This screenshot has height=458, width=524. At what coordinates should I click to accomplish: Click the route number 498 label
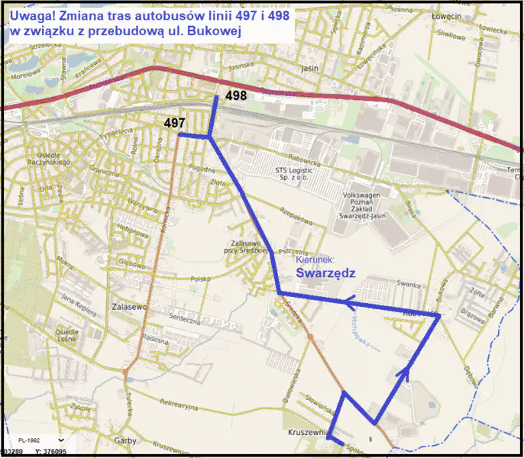(x=236, y=95)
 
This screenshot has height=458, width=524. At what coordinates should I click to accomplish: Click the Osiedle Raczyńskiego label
(x=49, y=158)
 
